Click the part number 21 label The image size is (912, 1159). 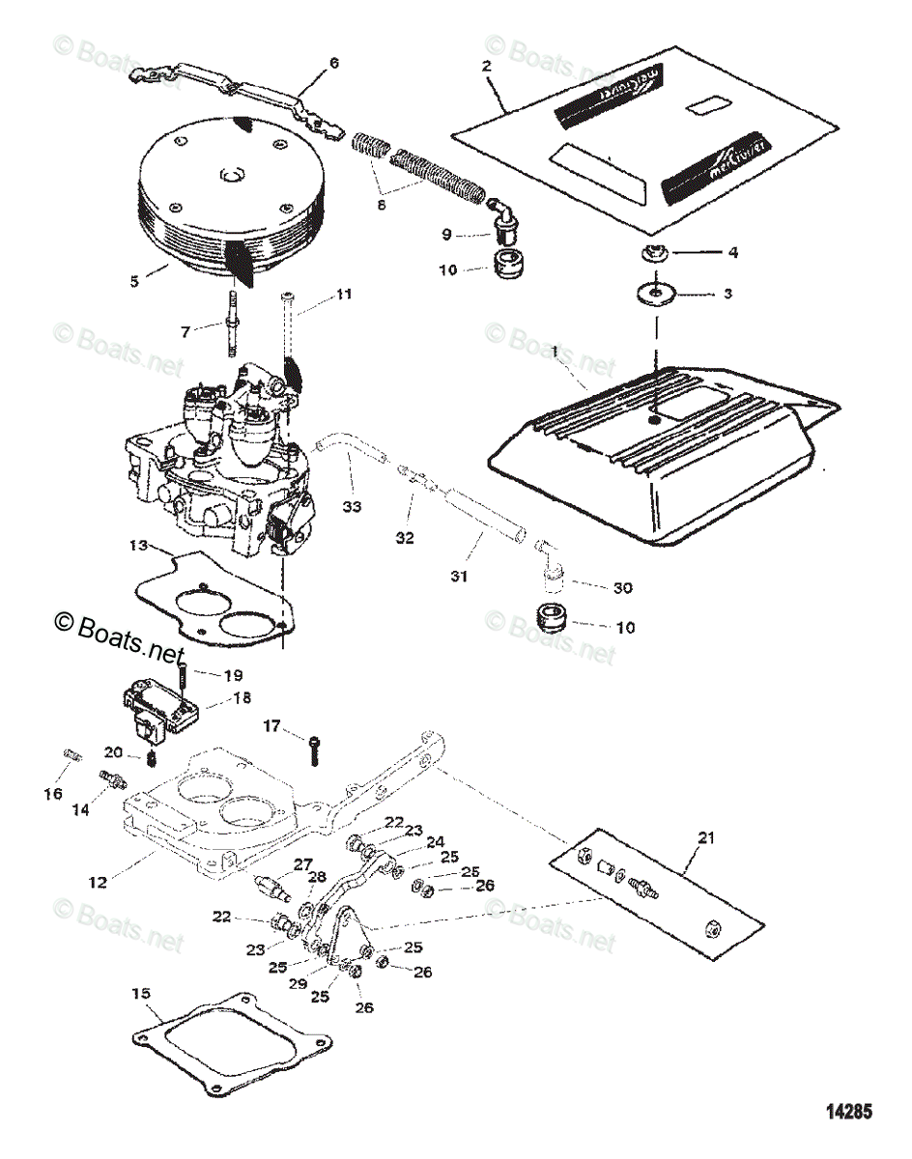pos(705,838)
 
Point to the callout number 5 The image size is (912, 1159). pos(134,281)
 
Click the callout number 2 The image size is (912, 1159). pos(486,66)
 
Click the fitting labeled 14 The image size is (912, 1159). pos(112,778)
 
